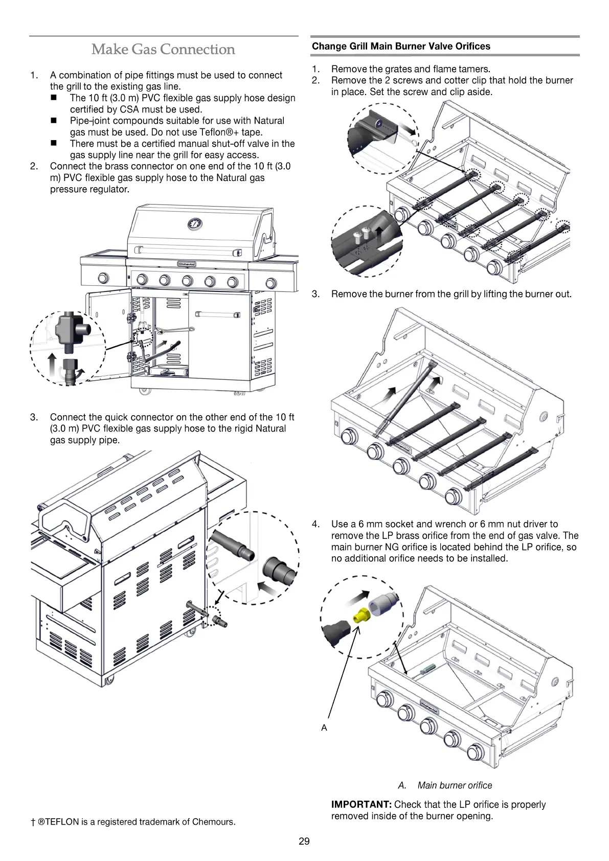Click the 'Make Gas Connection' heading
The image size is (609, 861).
pyautogui.click(x=163, y=50)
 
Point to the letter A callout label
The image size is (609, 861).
pyautogui.click(x=324, y=728)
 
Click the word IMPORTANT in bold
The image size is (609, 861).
pyautogui.click(x=361, y=805)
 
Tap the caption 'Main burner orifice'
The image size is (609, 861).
pyautogui.click(x=455, y=785)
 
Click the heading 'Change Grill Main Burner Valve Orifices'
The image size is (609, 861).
pyautogui.click(x=400, y=47)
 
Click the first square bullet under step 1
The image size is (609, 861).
pyautogui.click(x=53, y=98)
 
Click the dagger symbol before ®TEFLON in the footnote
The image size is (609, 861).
pyautogui.click(x=32, y=822)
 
